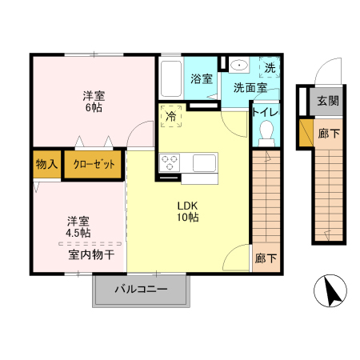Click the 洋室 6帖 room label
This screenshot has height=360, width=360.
pos(93,101)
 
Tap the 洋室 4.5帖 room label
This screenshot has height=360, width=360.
pos(78,226)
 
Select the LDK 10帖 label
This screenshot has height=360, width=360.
pos(188,210)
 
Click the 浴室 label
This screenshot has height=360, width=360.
pos(202,79)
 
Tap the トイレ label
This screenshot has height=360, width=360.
pos(265,113)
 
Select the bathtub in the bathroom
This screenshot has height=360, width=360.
pos(170,78)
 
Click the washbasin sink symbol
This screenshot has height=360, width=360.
pos(237,66)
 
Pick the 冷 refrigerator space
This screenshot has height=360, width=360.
pos(170,116)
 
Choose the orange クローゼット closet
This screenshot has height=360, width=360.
pos(94,164)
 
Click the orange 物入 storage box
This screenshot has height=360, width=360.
pos(46,164)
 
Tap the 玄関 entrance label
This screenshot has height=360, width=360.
pos(326,101)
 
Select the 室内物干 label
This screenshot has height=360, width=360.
pos(90,255)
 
